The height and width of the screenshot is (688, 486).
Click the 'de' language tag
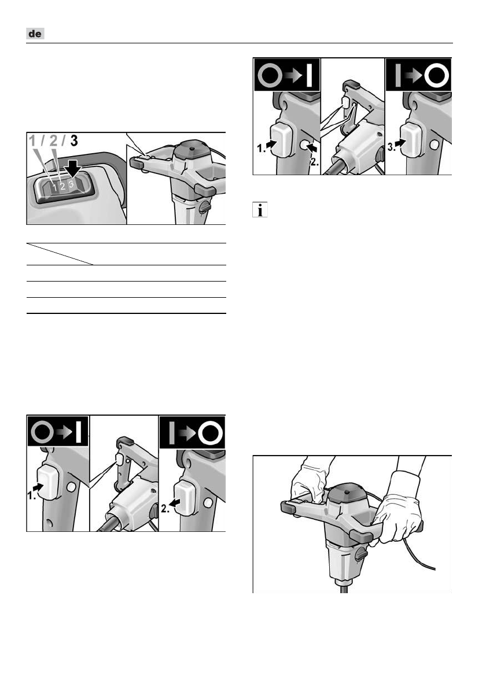point(35,34)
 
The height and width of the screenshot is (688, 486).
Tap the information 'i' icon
point(260,210)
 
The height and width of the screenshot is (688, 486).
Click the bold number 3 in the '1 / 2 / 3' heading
point(73,141)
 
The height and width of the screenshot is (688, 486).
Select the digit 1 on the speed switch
point(54,187)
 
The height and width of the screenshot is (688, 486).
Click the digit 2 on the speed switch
point(63,186)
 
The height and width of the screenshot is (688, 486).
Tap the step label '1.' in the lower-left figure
point(31,495)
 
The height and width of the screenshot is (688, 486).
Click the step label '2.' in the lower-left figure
point(165,509)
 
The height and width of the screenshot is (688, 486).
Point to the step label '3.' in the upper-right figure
point(391,148)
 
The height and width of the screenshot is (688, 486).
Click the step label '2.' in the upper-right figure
point(314,161)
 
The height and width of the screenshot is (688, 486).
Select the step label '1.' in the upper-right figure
point(261,149)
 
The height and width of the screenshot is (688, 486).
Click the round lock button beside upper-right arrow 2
point(304,145)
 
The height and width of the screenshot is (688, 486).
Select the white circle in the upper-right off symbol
point(436,76)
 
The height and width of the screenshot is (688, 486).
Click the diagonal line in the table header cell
point(60,254)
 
